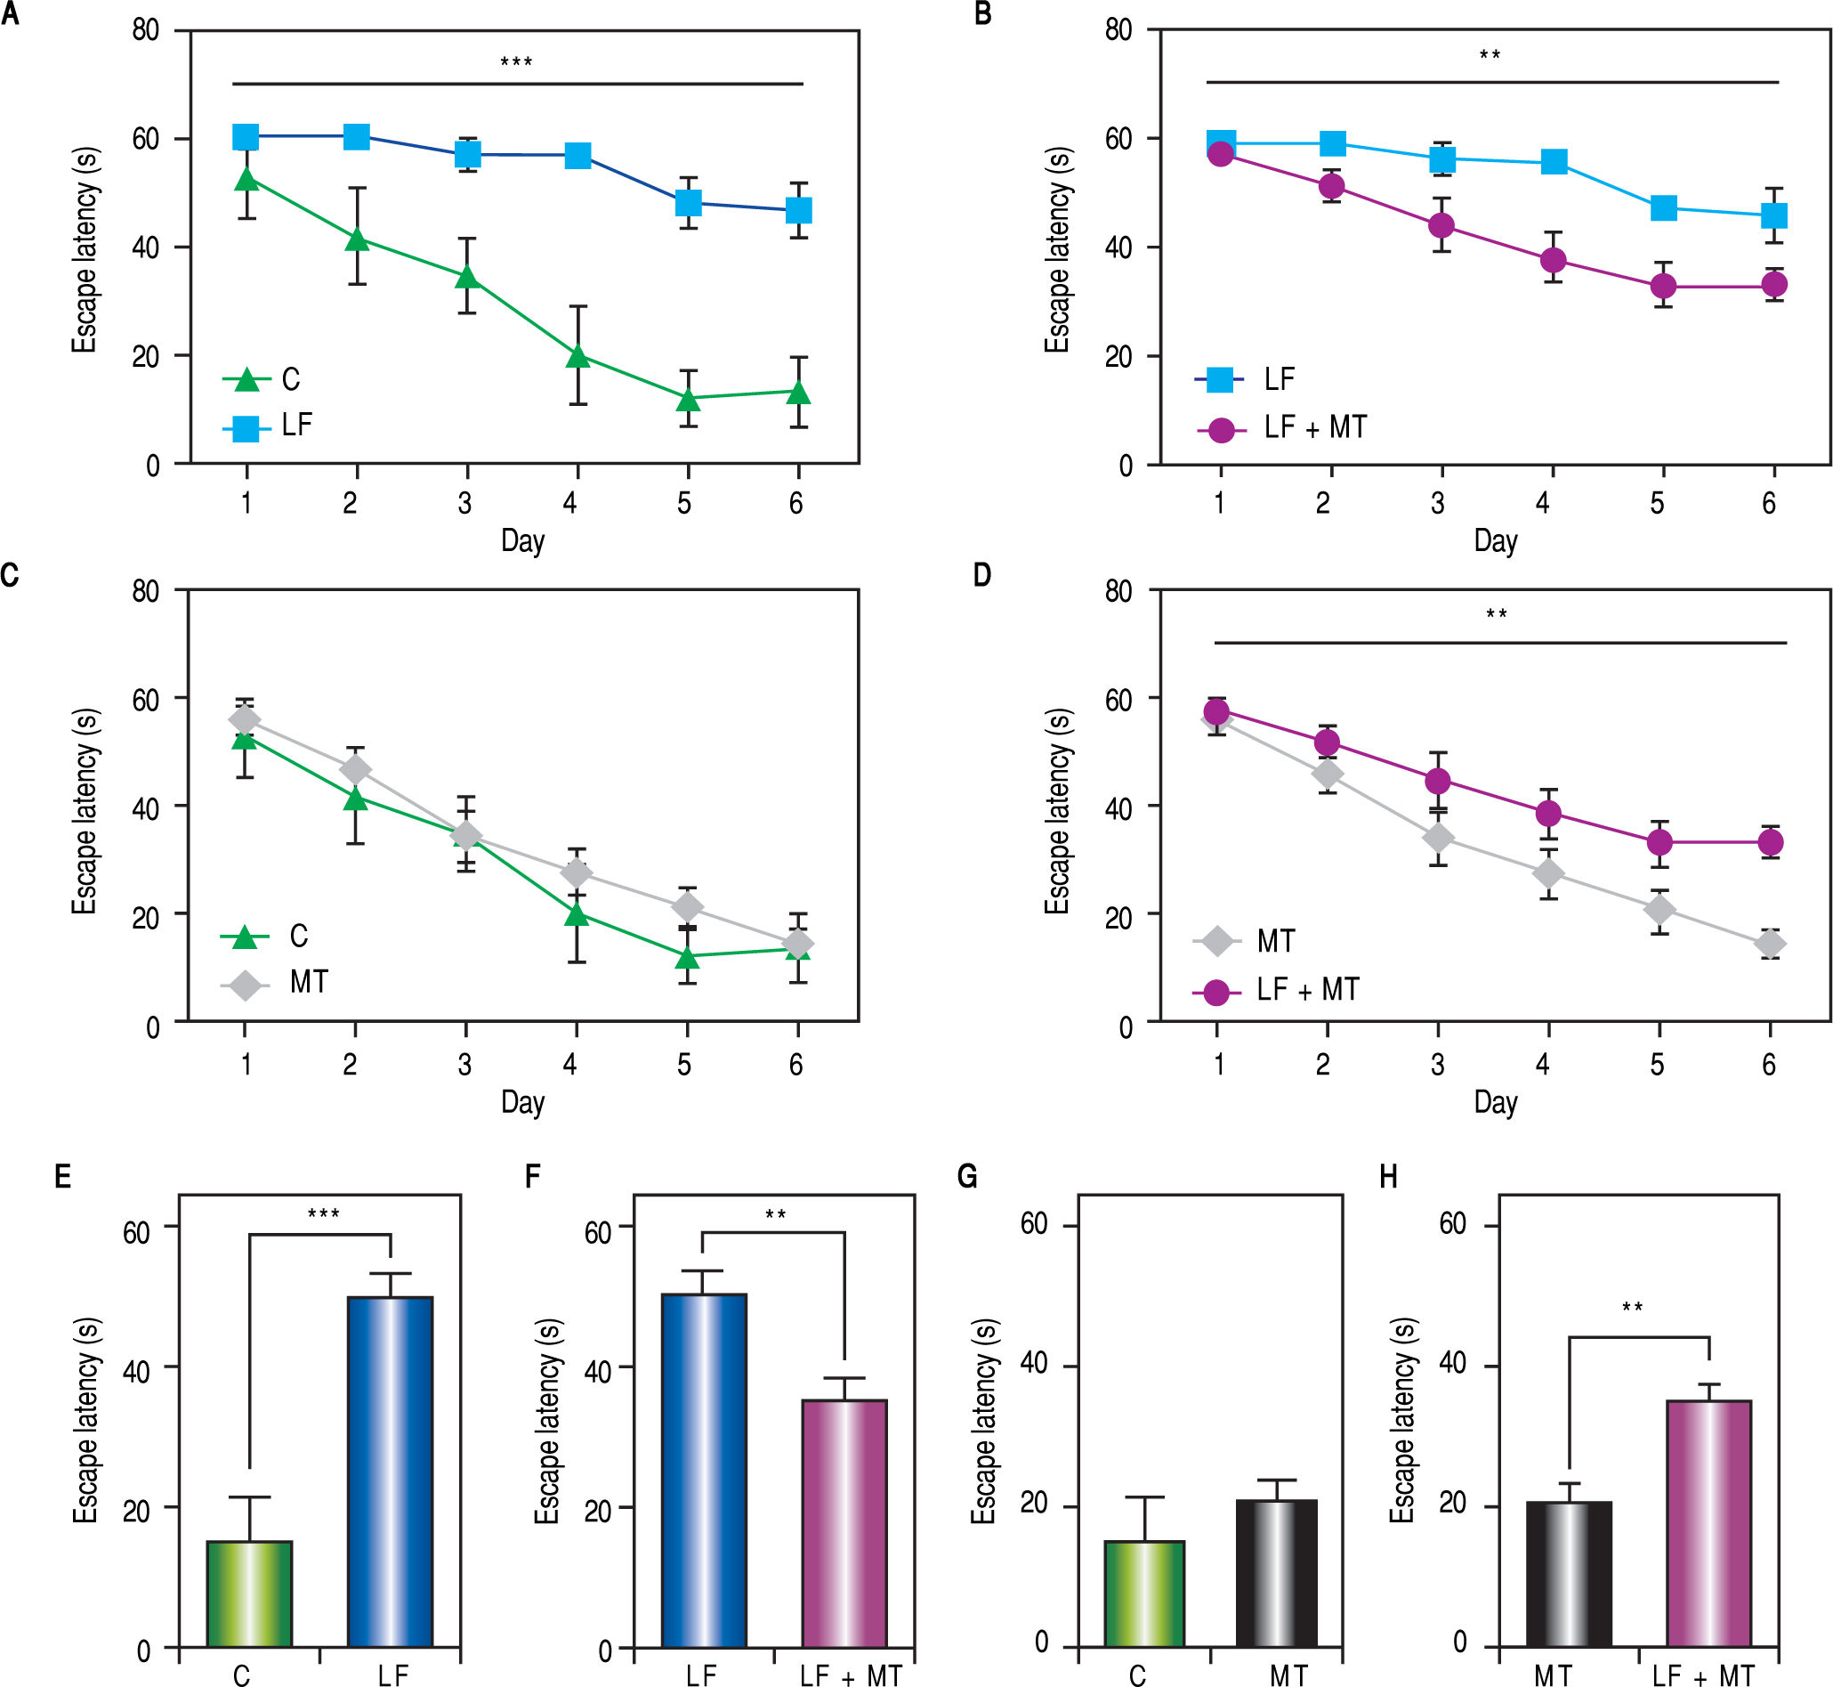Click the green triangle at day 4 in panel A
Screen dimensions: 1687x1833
point(577,355)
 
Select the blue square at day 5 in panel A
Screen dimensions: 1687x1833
point(688,202)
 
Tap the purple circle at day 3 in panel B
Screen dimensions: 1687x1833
point(1441,225)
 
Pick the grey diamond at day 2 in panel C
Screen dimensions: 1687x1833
point(355,769)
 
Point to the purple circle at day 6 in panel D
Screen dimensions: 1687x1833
point(1770,842)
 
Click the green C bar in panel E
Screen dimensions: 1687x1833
point(249,1594)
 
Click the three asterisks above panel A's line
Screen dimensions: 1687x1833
point(516,63)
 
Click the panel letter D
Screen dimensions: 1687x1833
point(981,575)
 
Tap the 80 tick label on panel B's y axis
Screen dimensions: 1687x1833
point(1118,30)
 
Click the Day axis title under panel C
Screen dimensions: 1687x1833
point(523,1103)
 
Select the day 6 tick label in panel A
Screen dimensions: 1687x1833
point(796,503)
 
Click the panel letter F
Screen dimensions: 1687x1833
point(534,1177)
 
